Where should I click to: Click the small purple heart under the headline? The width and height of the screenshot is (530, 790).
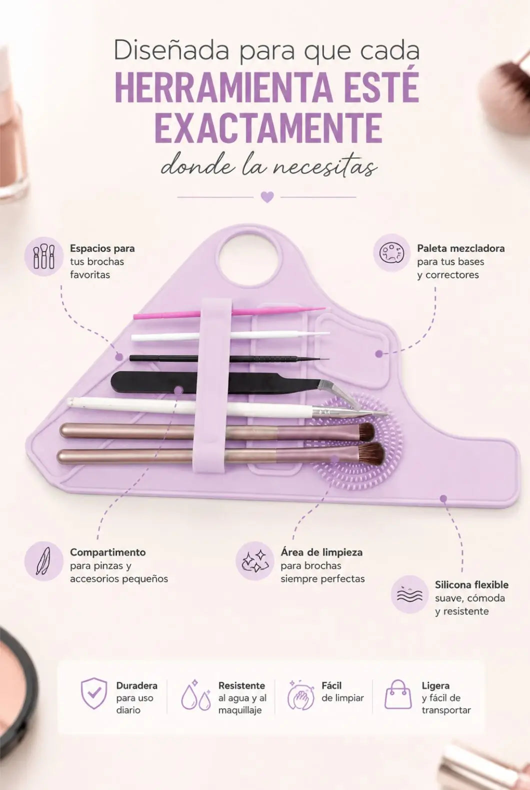point(267,197)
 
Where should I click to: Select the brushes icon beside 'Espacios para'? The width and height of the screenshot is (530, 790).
point(43,256)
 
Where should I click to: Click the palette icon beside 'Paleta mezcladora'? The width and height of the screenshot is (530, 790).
point(392,252)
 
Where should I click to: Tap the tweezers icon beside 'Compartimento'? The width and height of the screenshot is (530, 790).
point(43,561)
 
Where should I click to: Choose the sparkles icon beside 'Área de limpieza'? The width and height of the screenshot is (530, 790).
point(255,561)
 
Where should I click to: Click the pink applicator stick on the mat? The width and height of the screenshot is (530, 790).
point(229,313)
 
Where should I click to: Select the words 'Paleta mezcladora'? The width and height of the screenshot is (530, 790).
point(461,248)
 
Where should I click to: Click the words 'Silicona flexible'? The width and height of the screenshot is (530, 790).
point(471,584)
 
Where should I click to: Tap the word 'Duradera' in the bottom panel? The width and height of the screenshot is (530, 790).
point(137,685)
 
